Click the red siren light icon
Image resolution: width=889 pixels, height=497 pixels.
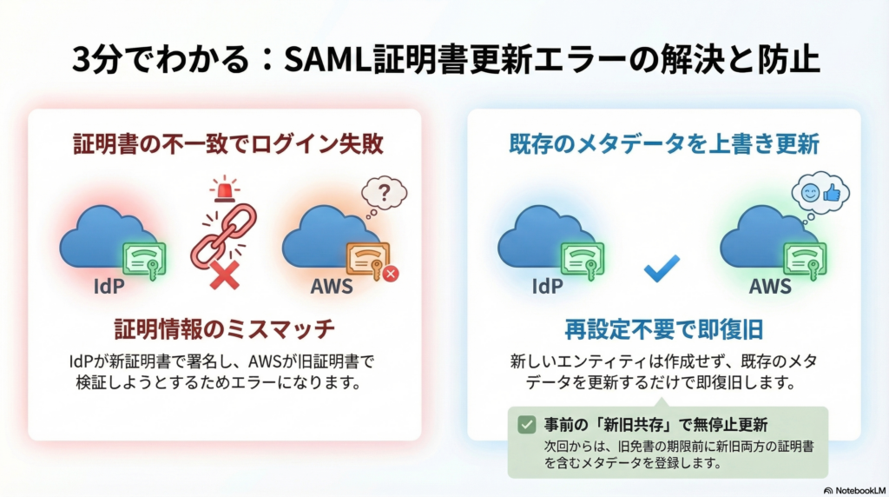pos(223,188)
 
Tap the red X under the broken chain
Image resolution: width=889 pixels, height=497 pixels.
pos(224,276)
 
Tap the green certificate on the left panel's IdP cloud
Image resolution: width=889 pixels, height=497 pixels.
pos(143,257)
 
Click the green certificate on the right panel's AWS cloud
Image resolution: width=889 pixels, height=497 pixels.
pos(804,258)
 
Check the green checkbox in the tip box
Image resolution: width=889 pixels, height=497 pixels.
pos(526,424)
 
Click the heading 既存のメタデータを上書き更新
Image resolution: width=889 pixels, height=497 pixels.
pos(664,144)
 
